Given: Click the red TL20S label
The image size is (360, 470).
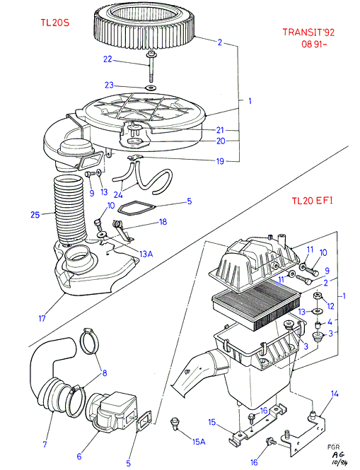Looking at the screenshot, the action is pos(55,23).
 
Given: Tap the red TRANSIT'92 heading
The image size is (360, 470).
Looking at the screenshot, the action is pos(308,32).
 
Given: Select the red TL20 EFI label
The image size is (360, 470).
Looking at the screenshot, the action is pos(313,201).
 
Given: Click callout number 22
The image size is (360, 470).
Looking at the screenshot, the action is pos(108,59).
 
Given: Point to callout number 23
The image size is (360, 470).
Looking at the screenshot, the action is pos(109,85).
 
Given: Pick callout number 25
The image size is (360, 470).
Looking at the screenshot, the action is pos(35,215).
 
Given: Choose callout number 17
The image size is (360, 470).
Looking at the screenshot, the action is pos(42,318).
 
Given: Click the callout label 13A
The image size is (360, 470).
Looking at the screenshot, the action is pos(146,254).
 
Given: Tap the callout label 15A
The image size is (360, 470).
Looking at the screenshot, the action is pos(199,442).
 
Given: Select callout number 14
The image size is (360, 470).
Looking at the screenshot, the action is pos(335,394).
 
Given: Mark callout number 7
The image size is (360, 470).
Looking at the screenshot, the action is pos(45,444).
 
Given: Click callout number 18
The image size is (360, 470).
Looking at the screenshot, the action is pos(163,222).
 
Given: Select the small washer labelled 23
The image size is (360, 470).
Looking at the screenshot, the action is pos(151,88).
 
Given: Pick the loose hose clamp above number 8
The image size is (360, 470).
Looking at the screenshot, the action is pos(90,341).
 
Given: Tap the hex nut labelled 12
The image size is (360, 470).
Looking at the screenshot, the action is pos(318,298).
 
